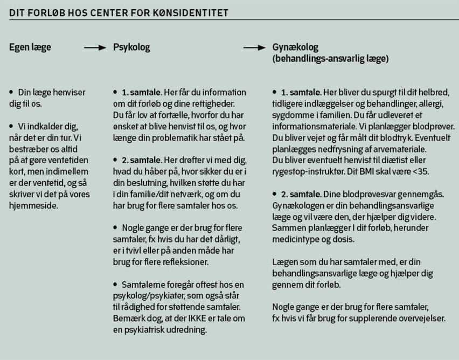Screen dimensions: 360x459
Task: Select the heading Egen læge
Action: click(x=30, y=47)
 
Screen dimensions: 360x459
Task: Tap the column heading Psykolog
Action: click(x=131, y=47)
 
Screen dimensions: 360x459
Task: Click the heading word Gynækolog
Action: click(x=295, y=47)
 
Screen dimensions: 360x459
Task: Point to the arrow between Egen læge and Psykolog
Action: click(x=95, y=48)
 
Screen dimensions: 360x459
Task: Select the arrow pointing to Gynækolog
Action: click(x=254, y=48)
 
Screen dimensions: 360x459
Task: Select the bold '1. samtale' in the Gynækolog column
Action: click(x=301, y=93)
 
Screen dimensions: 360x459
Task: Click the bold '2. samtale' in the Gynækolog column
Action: click(x=301, y=194)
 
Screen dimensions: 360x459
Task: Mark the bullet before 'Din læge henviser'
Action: click(x=12, y=93)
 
